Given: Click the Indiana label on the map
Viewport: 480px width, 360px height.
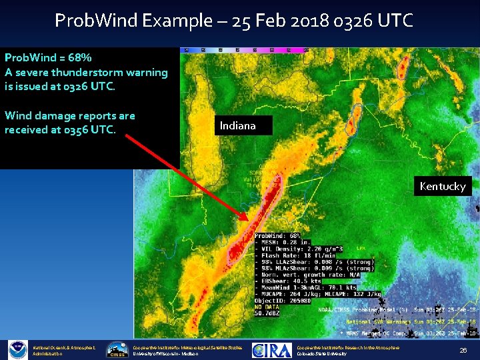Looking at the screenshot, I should [238, 125].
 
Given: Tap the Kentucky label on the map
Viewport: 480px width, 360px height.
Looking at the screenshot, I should [443, 186].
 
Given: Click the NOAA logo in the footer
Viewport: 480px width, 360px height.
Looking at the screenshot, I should [17, 349].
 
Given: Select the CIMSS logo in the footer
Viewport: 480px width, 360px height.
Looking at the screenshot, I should [118, 349].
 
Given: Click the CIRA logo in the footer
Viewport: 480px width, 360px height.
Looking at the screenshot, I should [271, 349].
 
